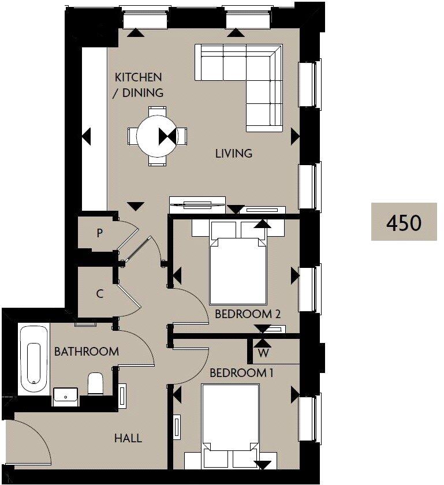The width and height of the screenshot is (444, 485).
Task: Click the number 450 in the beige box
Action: (x=404, y=222)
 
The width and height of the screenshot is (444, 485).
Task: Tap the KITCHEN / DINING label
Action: (x=139, y=84)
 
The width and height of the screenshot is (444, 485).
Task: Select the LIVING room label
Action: (x=234, y=154)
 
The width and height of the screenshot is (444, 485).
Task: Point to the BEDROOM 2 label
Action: (x=247, y=315)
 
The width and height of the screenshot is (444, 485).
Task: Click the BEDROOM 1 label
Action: (x=241, y=373)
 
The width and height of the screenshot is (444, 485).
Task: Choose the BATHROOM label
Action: (x=87, y=351)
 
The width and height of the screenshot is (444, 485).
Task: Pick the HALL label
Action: (x=128, y=438)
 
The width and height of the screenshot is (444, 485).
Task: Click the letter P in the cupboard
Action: (x=100, y=233)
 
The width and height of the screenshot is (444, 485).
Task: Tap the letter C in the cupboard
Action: (x=100, y=293)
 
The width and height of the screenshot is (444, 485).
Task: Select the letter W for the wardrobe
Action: (x=263, y=352)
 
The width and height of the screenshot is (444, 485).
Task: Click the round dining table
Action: (x=157, y=136)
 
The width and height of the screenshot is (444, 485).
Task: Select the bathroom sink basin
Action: (x=65, y=396)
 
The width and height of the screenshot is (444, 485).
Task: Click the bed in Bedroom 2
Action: (x=237, y=266)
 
